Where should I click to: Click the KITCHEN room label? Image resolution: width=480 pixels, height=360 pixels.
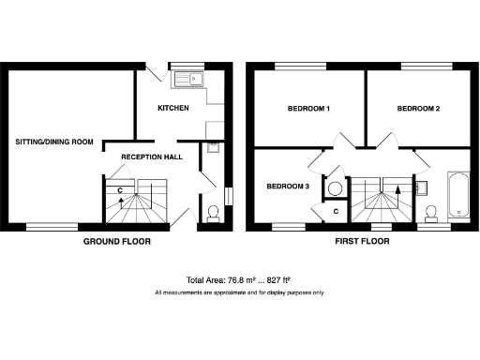pos(173,109)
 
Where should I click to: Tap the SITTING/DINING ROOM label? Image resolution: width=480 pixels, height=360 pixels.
pos(54,142)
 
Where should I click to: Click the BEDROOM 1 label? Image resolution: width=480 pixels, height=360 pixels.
pos(308,109)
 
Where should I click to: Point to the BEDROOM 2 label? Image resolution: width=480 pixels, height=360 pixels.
pos(418,109)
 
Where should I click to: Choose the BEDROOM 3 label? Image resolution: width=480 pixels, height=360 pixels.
pos(288,187)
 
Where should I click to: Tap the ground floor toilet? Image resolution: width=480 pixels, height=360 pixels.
pos(213,213)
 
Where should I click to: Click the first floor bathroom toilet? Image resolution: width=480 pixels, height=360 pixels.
pos(432,213)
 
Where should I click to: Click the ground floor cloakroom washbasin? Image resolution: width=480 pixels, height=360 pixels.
pos(211,146)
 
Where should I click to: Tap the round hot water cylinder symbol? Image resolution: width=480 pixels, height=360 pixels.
pos(335,187)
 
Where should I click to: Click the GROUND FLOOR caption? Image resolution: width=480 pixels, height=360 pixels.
pos(117,242)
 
